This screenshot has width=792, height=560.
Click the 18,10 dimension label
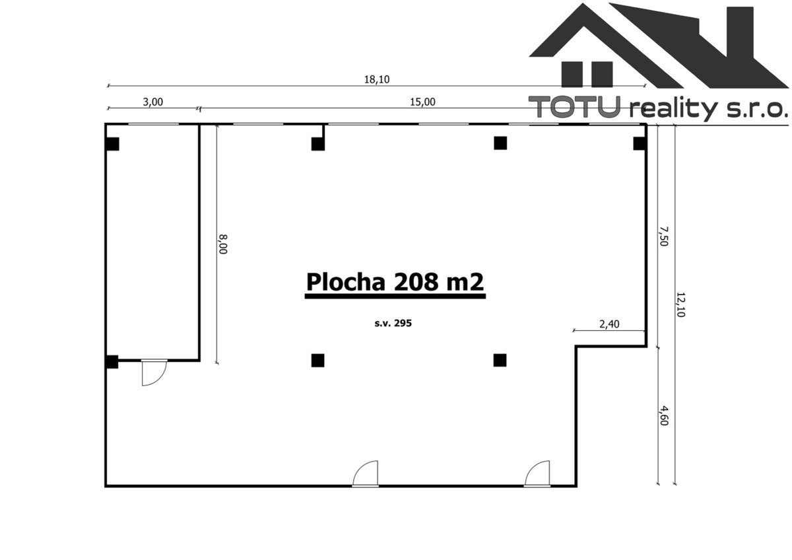point(377,79)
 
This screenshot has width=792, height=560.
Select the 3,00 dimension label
point(152,102)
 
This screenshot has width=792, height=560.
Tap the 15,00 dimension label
point(422,102)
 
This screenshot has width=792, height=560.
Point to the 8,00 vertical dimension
point(223,244)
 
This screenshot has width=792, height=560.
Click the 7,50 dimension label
point(663,236)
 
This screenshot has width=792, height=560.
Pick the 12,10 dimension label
point(680,304)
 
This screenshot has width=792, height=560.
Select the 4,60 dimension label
point(663,415)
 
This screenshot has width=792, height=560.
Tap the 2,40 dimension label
point(609,324)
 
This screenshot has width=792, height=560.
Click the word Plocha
point(345,282)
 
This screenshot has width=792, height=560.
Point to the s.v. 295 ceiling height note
point(393,323)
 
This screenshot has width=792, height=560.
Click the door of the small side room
point(154,372)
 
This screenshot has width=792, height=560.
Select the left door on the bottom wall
point(365,473)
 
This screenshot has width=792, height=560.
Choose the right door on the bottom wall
point(537,473)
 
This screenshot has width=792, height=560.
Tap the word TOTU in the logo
point(575,107)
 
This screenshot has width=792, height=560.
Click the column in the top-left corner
point(112,144)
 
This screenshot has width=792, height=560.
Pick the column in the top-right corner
point(640,143)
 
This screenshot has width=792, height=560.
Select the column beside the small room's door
point(112,362)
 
